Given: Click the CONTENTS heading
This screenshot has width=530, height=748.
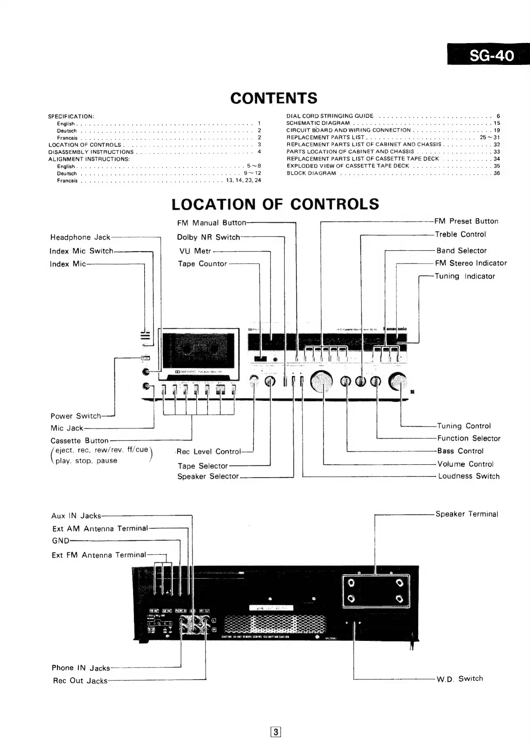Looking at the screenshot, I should [x=274, y=98].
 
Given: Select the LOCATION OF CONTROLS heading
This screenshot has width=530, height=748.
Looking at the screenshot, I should [x=275, y=204].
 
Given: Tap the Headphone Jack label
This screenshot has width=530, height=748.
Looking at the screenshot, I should [x=80, y=237].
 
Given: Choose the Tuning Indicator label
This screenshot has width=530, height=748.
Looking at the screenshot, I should [x=465, y=276].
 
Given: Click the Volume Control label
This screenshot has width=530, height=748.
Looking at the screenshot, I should [x=465, y=464].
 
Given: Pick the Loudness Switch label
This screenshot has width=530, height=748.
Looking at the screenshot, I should [x=469, y=476].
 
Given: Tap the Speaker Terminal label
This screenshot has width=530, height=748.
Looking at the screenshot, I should [x=467, y=514].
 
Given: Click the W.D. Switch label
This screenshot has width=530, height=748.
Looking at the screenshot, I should [x=459, y=679].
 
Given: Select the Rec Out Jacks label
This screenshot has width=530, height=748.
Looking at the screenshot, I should [x=80, y=680].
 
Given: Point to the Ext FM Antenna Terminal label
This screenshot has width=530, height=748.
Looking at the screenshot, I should [x=99, y=555].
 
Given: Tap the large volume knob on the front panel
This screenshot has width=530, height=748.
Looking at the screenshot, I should [x=322, y=381].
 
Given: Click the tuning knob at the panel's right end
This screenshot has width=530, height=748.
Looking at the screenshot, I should [x=398, y=380].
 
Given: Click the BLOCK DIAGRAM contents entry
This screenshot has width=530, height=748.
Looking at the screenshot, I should [x=311, y=173].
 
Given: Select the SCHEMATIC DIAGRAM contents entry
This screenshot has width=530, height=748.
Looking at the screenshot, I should [x=318, y=123].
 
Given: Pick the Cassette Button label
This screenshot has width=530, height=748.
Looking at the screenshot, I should [x=79, y=441].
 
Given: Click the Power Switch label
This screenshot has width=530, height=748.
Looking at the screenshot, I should [x=76, y=416].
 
